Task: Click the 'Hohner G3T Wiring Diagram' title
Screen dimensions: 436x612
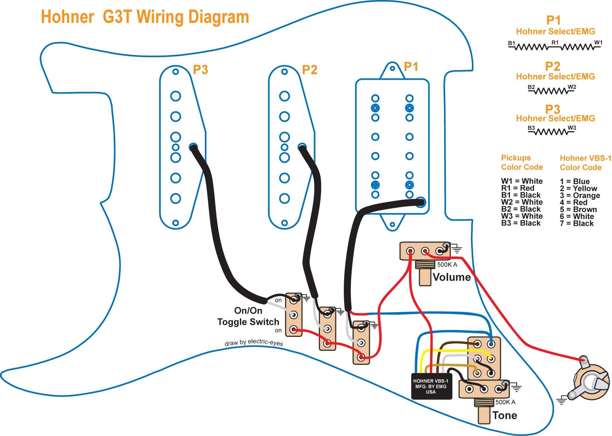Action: click(x=145, y=17)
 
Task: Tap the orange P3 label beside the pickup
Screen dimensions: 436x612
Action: click(x=200, y=69)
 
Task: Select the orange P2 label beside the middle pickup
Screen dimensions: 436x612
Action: click(x=310, y=70)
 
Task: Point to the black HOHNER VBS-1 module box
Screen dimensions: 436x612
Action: click(x=431, y=386)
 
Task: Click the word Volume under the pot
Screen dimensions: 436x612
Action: click(x=451, y=277)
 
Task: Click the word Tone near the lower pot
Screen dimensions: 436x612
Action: click(x=504, y=416)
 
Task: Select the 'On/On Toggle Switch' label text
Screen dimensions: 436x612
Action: click(x=248, y=316)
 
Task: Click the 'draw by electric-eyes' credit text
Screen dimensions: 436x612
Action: click(x=254, y=342)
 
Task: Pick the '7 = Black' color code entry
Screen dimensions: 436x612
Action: click(x=576, y=224)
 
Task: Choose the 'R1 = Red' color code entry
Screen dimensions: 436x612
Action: click(x=517, y=188)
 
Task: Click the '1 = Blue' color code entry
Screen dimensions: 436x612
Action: click(x=574, y=181)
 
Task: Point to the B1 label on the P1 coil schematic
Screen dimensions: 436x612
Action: click(x=511, y=44)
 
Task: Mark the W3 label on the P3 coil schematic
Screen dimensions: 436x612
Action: click(x=572, y=128)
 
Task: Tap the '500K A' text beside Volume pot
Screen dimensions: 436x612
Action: click(x=447, y=265)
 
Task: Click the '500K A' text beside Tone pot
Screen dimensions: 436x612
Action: click(x=505, y=402)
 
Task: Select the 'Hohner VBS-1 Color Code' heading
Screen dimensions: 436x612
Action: click(x=585, y=163)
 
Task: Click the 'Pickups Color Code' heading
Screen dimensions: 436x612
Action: click(x=521, y=162)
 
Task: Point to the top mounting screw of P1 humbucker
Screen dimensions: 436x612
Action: click(x=392, y=68)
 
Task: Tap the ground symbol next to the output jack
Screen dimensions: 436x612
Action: click(x=561, y=401)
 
